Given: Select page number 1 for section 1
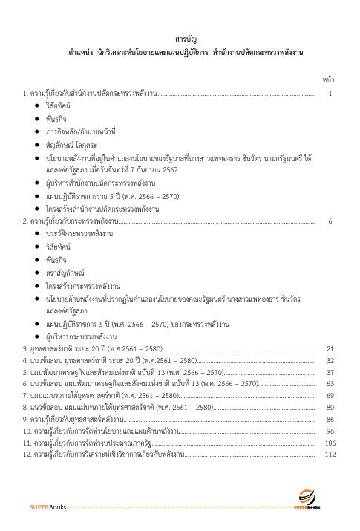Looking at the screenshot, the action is [x=330, y=94].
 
